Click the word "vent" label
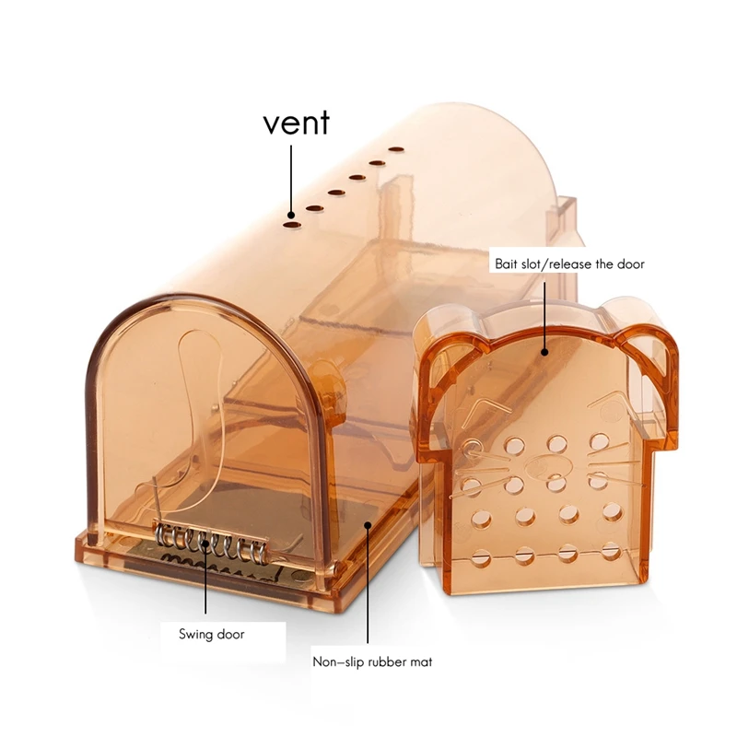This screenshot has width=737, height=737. [296, 123]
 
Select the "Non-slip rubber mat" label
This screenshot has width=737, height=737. [371, 661]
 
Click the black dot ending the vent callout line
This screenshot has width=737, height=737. [292, 212]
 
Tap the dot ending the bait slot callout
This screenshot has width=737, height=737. [545, 350]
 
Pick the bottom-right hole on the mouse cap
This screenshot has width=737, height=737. [609, 554]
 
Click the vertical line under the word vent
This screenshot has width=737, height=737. [292, 175]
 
